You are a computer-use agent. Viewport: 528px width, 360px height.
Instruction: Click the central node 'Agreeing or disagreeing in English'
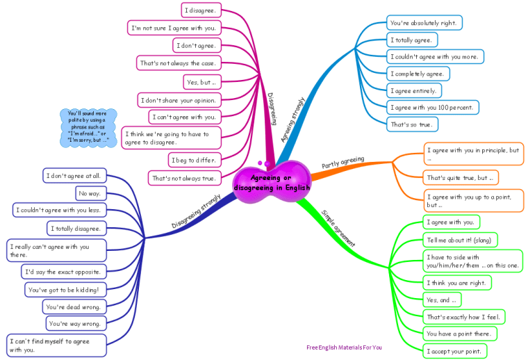point(272,183)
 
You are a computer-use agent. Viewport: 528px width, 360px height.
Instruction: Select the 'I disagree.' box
point(200,10)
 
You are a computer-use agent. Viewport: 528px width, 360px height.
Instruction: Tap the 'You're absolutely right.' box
point(424,23)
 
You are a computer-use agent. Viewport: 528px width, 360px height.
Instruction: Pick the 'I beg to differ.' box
point(194,160)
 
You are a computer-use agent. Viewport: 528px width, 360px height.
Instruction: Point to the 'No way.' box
point(90,193)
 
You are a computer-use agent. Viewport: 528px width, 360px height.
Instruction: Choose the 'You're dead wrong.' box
point(74,306)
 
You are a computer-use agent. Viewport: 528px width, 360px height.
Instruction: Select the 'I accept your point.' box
point(455,352)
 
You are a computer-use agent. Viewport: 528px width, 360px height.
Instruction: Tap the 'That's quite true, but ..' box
point(461,177)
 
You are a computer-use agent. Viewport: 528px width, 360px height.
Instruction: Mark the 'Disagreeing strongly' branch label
point(196,211)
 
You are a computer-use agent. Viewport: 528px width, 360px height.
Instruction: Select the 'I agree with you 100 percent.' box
point(432,107)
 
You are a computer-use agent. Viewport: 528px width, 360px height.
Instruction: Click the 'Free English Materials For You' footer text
point(344,347)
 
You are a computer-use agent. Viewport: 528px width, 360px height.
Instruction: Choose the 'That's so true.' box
point(411,124)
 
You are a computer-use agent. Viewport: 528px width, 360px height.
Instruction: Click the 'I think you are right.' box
point(457,283)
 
